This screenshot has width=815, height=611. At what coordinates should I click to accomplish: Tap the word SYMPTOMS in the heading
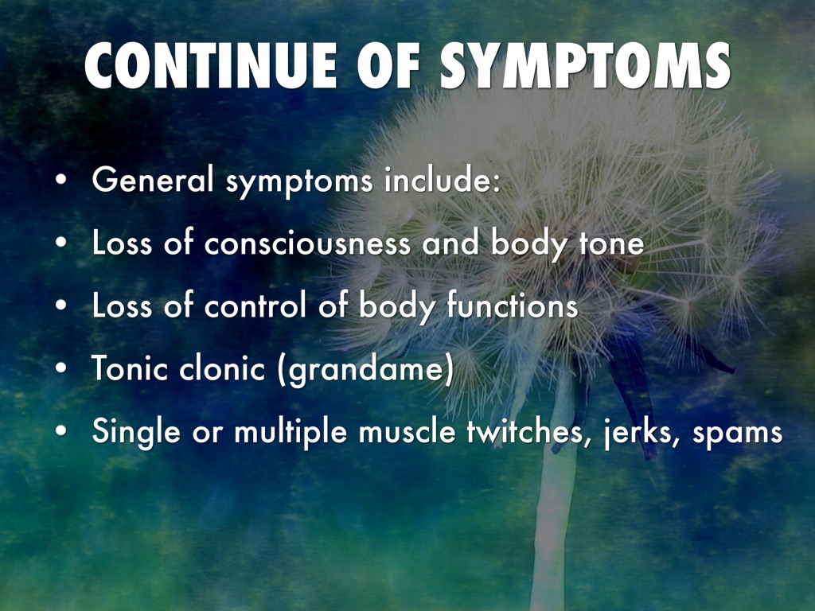[585, 66]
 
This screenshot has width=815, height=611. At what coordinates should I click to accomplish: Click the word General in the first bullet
[153, 179]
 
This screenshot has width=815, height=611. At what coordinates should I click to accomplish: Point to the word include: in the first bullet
[443, 179]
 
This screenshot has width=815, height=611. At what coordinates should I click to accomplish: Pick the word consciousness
[307, 243]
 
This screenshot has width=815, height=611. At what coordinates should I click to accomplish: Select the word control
[255, 305]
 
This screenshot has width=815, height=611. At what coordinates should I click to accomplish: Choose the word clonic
[222, 368]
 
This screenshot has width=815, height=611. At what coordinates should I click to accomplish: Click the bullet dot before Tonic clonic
[61, 368]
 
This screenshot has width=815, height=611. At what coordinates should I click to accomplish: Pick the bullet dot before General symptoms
[61, 180]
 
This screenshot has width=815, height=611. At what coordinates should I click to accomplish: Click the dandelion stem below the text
[553, 525]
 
